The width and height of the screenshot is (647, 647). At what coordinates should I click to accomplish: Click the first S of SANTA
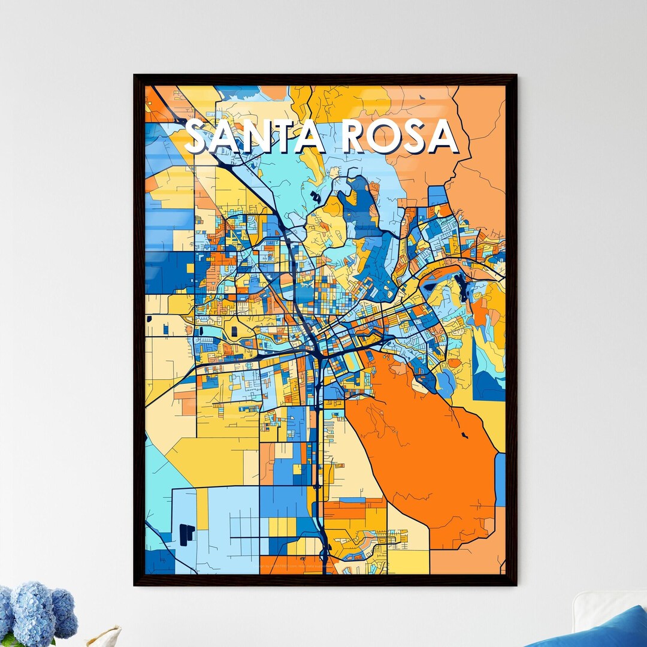tap(198, 137)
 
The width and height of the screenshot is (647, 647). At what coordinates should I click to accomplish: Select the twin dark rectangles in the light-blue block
tap(186, 534)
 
